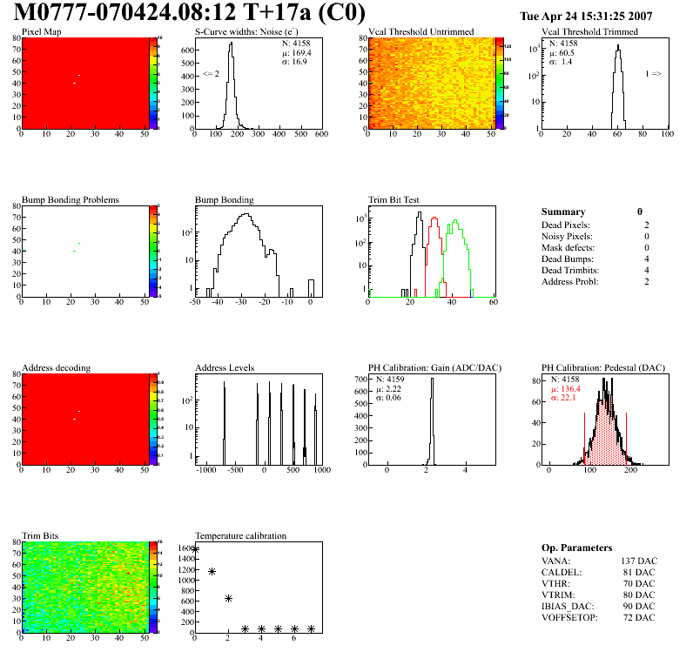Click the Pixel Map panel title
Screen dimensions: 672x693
click(42, 32)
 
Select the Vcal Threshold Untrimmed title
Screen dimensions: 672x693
click(421, 32)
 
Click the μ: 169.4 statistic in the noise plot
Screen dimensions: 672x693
click(297, 52)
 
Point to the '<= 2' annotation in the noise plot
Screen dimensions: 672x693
click(211, 74)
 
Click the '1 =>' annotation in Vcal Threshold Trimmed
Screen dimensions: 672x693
click(653, 74)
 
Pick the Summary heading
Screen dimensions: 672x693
click(563, 212)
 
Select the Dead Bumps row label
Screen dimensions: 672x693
click(567, 259)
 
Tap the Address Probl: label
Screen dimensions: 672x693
click(569, 281)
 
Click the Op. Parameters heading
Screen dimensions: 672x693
click(576, 548)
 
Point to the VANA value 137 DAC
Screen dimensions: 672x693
click(637, 561)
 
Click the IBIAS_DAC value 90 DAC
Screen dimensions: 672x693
click(640, 606)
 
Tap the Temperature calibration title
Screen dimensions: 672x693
click(241, 535)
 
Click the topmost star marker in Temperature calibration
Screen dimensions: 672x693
click(196, 549)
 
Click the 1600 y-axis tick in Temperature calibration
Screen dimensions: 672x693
click(185, 548)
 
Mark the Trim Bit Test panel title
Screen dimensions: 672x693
click(394, 199)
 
